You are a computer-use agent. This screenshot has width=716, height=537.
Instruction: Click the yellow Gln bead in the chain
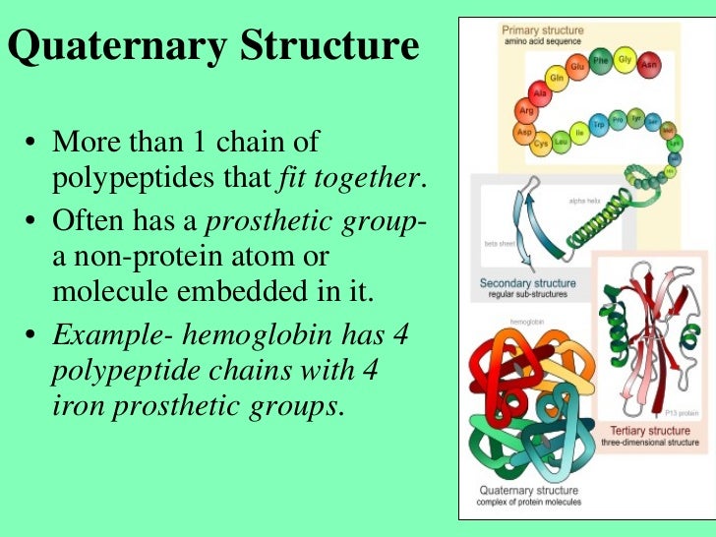click(x=557, y=77)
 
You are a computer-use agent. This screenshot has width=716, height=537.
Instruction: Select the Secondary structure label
click(x=527, y=284)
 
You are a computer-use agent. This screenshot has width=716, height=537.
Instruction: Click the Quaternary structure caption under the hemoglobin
click(x=529, y=489)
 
